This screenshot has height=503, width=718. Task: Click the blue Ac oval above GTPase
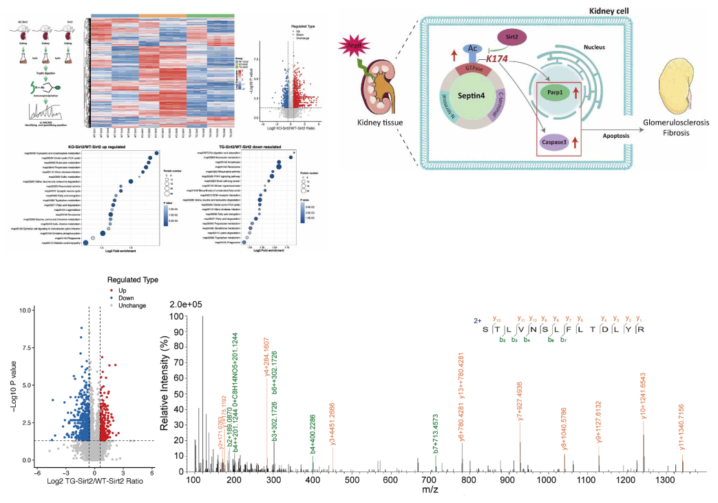coord(473,50)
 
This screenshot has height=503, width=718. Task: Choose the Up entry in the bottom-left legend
coord(123,291)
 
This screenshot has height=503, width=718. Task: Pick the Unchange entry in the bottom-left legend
coord(132,305)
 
